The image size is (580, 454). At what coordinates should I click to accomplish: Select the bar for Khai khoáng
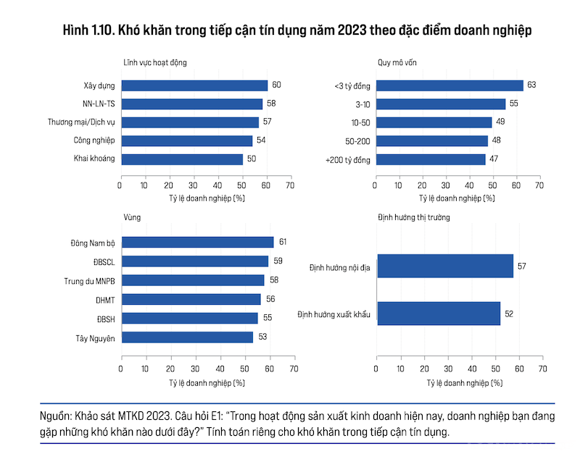click(x=182, y=159)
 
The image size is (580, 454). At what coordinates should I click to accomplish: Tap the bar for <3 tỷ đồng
click(x=449, y=85)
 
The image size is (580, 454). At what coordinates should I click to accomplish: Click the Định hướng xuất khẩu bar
click(x=439, y=314)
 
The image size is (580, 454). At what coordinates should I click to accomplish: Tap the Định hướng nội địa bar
click(x=444, y=266)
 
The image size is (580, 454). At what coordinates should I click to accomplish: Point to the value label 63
click(x=531, y=85)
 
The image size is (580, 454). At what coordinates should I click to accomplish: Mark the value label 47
click(x=494, y=159)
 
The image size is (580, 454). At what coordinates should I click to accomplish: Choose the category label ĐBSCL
click(x=102, y=261)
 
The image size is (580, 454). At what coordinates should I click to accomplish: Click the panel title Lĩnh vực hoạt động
click(x=157, y=62)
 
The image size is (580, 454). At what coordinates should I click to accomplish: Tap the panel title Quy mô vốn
click(x=397, y=62)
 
